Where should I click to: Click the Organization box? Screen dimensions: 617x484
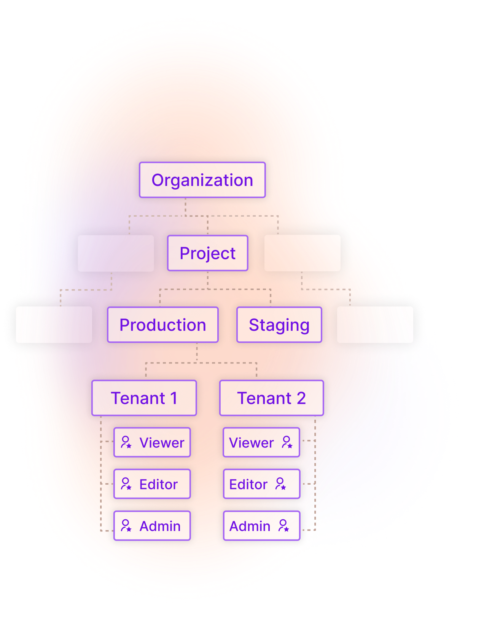[x=202, y=180]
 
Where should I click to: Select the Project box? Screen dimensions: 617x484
[x=208, y=253]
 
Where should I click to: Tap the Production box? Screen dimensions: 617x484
[x=163, y=325]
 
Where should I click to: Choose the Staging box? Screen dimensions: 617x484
[x=279, y=325]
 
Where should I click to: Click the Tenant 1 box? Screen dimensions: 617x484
[x=144, y=398]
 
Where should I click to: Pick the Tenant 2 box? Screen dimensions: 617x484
[x=271, y=398]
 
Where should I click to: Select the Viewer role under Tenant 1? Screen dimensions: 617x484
[x=152, y=443]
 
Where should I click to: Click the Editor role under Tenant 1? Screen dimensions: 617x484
[x=152, y=484]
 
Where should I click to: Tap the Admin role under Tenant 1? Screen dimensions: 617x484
[x=152, y=526]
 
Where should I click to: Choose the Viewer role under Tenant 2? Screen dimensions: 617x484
[x=261, y=443]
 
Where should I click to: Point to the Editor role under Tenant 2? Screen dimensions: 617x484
[x=261, y=484]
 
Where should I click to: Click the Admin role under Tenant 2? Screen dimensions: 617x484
[x=261, y=526]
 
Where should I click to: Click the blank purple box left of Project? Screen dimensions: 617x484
[x=116, y=253]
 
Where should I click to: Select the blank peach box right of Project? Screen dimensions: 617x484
[x=302, y=253]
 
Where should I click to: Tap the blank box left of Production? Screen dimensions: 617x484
[x=54, y=325]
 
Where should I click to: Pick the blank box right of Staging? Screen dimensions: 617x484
[x=375, y=325]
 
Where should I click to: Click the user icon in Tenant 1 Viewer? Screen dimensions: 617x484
[x=126, y=442]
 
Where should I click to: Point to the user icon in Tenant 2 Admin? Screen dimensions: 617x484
[x=283, y=526]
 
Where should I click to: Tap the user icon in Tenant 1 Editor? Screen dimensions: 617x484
[x=126, y=484]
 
